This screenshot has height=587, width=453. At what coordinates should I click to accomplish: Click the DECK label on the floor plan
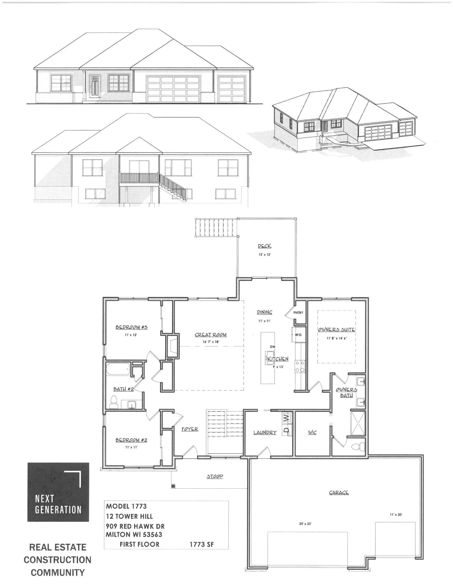264,246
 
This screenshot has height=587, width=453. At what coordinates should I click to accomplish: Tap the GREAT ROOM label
210,335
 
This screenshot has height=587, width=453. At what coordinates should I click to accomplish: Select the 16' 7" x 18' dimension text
210,342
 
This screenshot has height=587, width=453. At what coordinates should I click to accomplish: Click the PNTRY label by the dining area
298,313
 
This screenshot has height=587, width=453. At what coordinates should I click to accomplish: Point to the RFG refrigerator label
298,335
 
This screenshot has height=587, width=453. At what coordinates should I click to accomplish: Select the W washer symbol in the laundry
287,417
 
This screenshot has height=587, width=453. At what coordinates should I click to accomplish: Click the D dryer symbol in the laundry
287,430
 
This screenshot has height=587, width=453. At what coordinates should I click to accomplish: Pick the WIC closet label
312,432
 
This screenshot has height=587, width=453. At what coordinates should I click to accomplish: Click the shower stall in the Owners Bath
358,423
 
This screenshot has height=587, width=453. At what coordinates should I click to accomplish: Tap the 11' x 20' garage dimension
396,515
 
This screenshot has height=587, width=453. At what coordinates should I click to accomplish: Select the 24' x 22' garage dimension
305,524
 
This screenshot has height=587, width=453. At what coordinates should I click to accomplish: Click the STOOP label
215,476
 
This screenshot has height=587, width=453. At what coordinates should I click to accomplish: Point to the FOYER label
190,429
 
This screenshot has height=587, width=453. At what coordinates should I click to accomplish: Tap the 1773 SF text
201,544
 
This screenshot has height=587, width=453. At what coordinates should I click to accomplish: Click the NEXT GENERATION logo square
58,492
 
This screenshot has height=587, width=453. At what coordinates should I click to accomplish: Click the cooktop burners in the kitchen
300,367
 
